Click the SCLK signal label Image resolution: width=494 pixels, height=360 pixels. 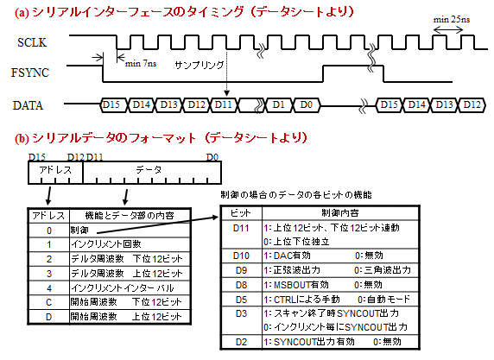32,42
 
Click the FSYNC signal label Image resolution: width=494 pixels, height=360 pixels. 30,73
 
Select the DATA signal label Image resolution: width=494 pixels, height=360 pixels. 28,105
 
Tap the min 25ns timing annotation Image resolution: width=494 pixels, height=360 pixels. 452,20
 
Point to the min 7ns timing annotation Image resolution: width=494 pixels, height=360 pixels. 141,64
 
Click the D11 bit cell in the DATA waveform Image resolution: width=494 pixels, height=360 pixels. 224,104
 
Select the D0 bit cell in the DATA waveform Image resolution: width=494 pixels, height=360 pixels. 307,104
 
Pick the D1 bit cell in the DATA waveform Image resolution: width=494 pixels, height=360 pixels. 278,104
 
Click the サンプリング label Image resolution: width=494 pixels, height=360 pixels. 199,66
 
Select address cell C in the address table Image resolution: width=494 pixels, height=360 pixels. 49,302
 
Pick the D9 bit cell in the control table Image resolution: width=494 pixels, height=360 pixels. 241,270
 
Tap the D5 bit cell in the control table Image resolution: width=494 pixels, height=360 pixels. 241,300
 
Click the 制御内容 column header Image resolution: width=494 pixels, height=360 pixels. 340,213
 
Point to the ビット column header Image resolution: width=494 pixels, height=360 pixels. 241,213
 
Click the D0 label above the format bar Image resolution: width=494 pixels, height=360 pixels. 212,157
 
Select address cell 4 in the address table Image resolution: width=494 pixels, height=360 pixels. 49,287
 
